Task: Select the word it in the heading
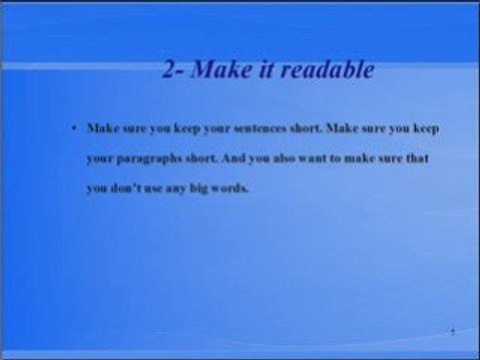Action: pos(263,73)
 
